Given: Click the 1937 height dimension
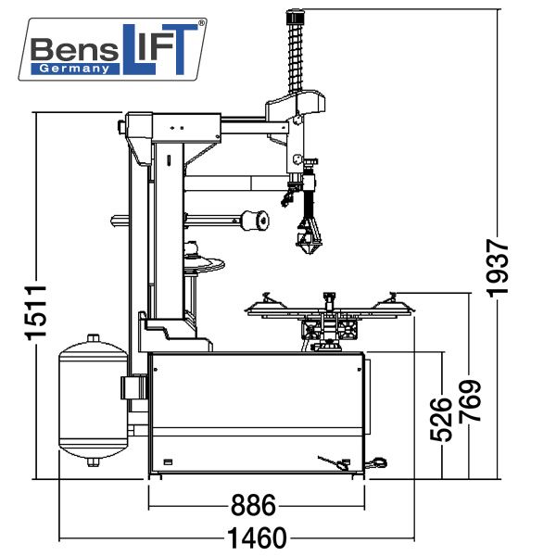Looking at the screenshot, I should (499, 269).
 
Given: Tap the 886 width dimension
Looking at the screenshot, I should (253, 506).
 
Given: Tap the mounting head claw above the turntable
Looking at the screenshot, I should (307, 237).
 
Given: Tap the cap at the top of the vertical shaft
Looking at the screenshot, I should (297, 16).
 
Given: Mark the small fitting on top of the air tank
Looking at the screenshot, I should (91, 339).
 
